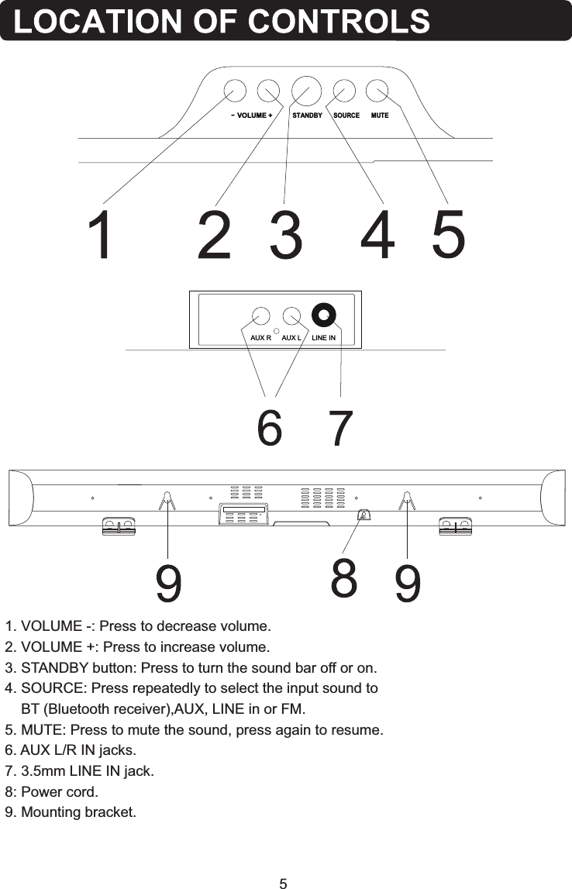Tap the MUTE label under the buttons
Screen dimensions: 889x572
(380, 115)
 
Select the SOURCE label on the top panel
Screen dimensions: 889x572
(346, 115)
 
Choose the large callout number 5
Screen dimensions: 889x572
(449, 236)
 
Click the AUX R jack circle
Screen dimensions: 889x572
(260, 316)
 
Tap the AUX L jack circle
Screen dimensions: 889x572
(291, 316)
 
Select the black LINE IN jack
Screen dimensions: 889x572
(322, 314)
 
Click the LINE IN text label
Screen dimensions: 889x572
(323, 339)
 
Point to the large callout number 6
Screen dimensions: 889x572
(269, 429)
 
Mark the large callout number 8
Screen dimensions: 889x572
(344, 577)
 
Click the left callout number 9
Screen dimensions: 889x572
(170, 584)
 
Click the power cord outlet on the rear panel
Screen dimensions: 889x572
(363, 515)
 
